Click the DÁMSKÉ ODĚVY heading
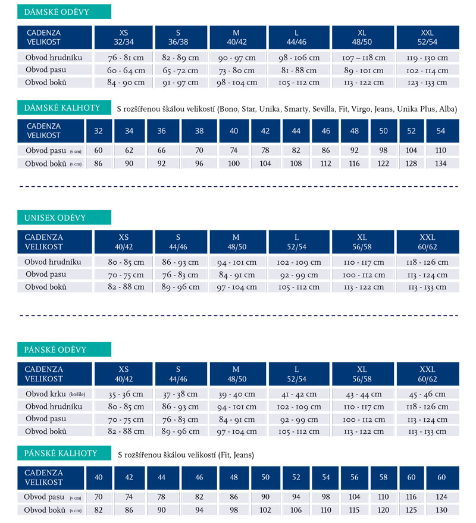coord(57,12)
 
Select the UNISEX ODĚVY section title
coord(55,218)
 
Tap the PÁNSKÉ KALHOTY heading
coord(60,453)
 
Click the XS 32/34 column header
coord(123,37)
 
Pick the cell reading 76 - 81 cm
coord(126,58)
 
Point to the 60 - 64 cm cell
coord(126,70)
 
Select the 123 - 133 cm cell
coord(427,82)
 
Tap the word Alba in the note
coord(447,109)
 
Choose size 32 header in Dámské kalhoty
coord(98,131)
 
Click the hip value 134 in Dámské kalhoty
coord(441,164)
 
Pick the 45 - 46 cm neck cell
coord(427,394)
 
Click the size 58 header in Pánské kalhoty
coord(384,477)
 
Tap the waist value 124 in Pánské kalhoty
coord(441,497)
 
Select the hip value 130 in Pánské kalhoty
coord(441,510)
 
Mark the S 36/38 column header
coord(178,37)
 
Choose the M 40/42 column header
coord(236,37)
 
